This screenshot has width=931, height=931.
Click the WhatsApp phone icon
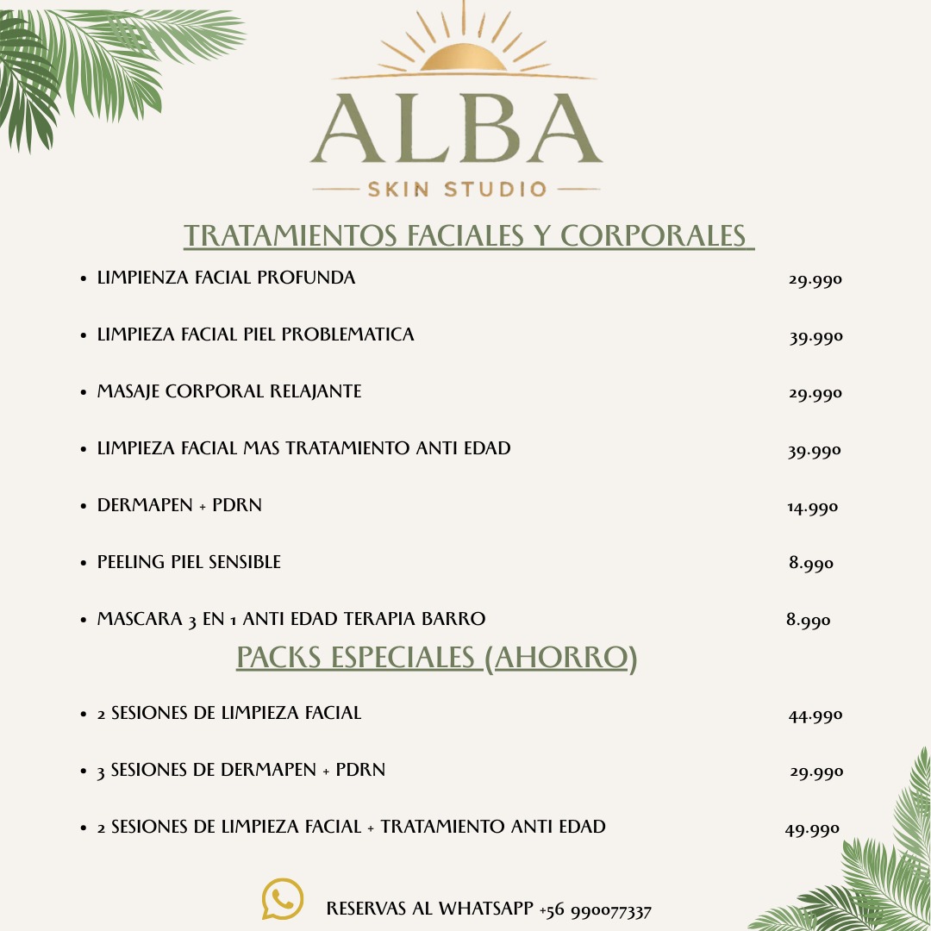[x=283, y=899]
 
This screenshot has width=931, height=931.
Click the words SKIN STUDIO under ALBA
[x=457, y=189]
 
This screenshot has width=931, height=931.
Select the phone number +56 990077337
[x=595, y=910]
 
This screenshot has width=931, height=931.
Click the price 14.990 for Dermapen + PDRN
[x=812, y=508]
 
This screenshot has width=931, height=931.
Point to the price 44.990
[x=815, y=715]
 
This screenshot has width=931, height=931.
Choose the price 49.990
[x=811, y=830]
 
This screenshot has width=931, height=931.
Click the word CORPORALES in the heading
[x=653, y=235]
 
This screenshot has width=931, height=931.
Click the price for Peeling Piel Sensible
[x=810, y=564]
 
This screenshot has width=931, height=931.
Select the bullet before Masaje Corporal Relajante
[x=83, y=392]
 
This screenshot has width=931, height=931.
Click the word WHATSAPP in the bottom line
[x=485, y=909]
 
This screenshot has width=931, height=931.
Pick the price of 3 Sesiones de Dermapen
[x=815, y=772]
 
